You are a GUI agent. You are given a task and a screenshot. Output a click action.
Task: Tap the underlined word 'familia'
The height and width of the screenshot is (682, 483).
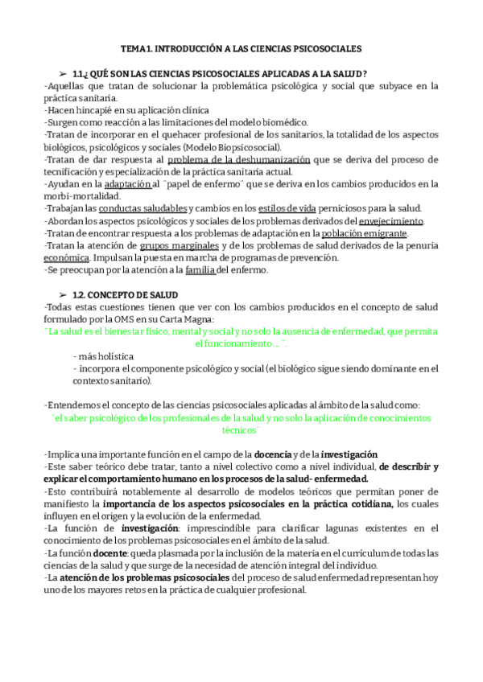point(200,270)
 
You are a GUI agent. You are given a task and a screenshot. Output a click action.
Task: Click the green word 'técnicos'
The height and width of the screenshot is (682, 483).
point(242,430)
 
